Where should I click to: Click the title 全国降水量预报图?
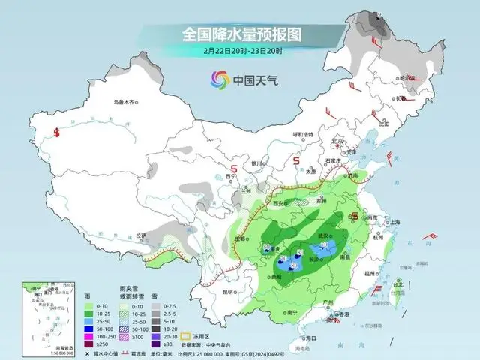pyautogui.click(x=241, y=34)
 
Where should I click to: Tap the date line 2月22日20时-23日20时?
pyautogui.click(x=241, y=51)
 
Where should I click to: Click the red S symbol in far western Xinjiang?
pyautogui.click(x=57, y=133)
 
